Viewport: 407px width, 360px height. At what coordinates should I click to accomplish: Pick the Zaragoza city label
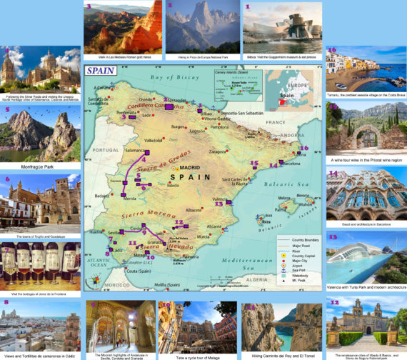coord(219,151)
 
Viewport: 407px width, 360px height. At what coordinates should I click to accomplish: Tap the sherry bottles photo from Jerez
coord(40,266)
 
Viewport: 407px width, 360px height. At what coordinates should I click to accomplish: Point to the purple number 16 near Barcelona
coord(304,149)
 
